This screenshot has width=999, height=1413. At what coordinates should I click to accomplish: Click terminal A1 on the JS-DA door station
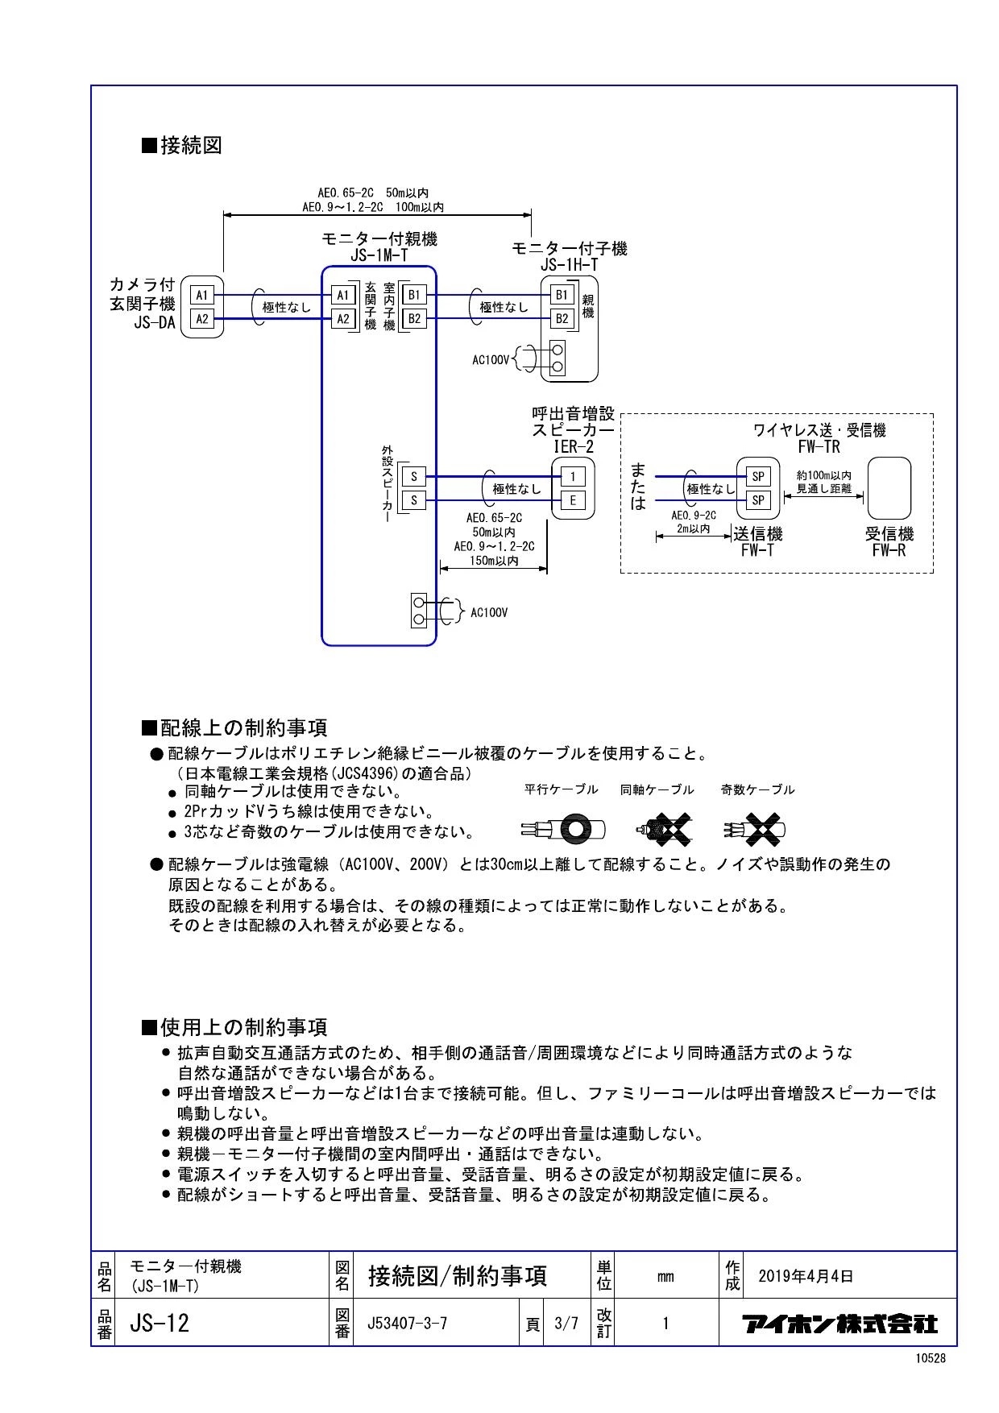coord(202,296)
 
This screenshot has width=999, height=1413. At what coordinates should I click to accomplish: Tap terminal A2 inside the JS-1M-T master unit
coord(343,319)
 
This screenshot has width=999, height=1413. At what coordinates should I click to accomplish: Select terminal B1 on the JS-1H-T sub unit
coord(562,295)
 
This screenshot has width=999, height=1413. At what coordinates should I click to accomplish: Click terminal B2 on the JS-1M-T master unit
coord(414,319)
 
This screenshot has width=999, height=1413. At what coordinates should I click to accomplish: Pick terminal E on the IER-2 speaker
coord(573,500)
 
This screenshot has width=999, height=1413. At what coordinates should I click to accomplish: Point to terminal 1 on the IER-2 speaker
coord(573,476)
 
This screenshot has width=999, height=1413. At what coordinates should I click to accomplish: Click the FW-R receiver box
coord(889,488)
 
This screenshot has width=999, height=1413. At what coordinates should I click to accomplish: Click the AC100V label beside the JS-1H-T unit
coord(491,360)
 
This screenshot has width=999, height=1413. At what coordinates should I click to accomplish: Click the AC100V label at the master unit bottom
coord(489,613)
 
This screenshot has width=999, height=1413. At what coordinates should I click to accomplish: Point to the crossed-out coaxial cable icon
coord(664,829)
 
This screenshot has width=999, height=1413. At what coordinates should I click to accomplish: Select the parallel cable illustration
coord(562,829)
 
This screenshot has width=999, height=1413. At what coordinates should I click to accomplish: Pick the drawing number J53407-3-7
coord(407,1323)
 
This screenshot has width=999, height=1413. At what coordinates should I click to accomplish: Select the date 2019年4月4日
coord(806,1276)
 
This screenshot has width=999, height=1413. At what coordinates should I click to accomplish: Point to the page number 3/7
coord(566,1323)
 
